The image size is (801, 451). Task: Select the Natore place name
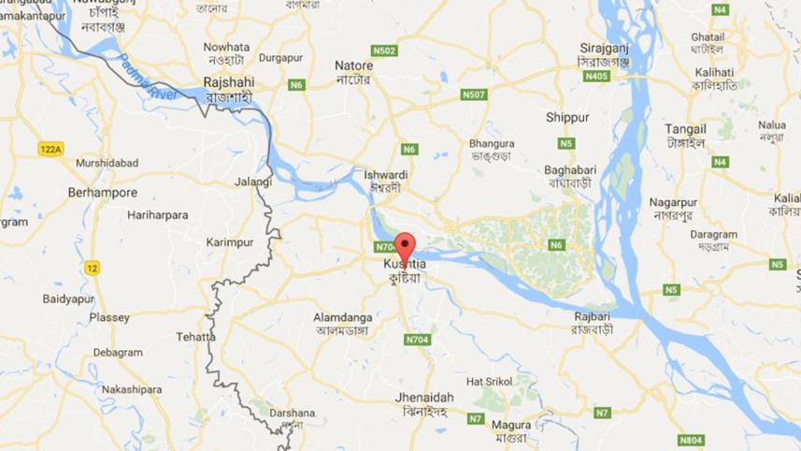coord(354,66)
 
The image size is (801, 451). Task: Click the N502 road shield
coord(384,50)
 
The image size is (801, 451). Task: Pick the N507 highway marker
coord(474,95)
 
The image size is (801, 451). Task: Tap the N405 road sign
coord(595,75)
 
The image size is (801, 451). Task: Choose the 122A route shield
coord(50,149)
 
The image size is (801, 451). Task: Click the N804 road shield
coord(691,439)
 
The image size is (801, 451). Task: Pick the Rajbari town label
coord(593,315)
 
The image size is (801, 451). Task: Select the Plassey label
coord(109,317)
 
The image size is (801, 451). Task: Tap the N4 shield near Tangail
coord(719,162)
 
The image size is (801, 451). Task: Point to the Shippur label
coord(567,118)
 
